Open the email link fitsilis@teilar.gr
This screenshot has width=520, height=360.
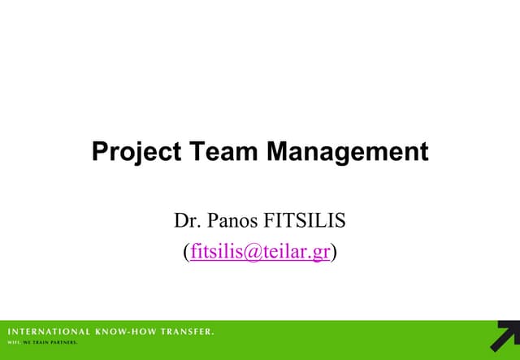[260, 251]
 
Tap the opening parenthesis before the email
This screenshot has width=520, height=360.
[187, 252]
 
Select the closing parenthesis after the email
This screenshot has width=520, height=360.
[334, 252]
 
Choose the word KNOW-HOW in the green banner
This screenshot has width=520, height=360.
[129, 332]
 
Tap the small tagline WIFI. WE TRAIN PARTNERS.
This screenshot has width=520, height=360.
[42, 343]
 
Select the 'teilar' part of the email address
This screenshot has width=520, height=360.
[285, 251]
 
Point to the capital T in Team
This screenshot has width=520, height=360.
[198, 152]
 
